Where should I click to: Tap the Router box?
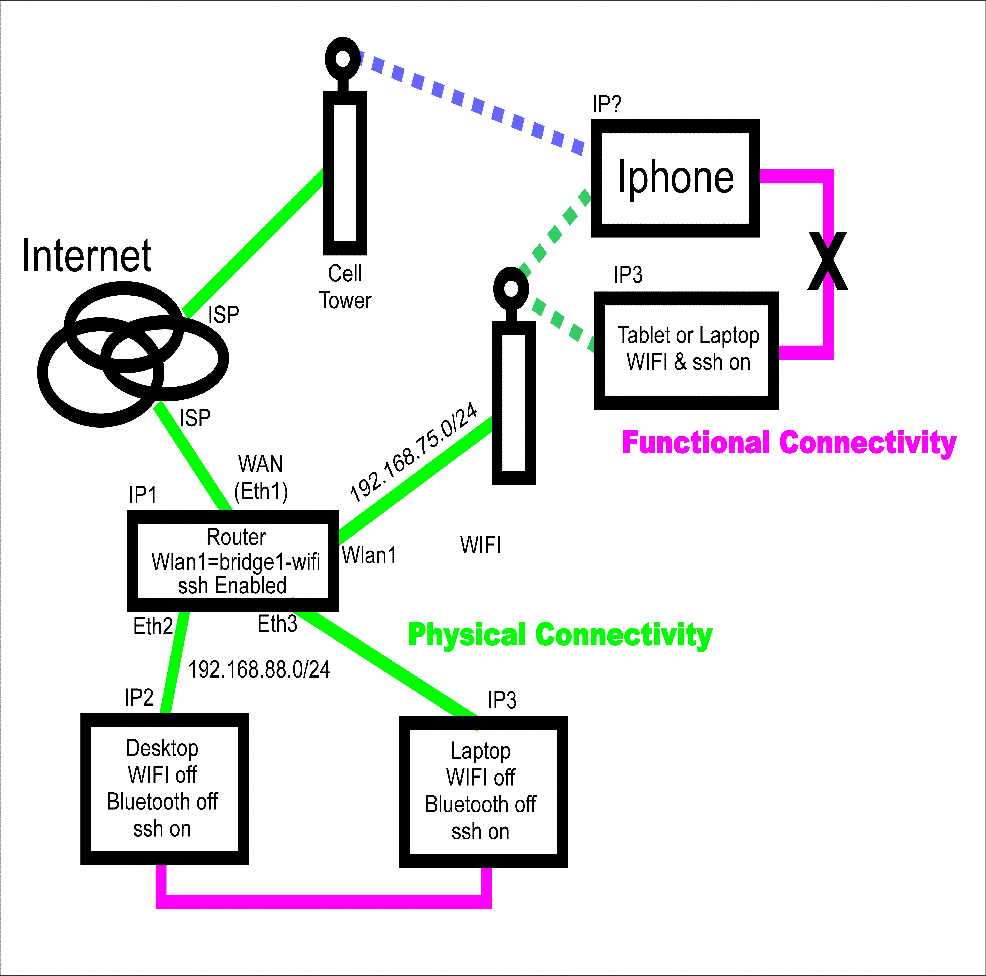[233, 560]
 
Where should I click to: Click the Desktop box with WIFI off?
[164, 789]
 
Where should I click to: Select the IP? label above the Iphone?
[606, 105]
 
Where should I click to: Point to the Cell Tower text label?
[345, 287]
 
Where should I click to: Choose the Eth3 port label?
[277, 624]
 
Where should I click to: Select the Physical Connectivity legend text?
[560, 635]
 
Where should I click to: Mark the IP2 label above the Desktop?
[139, 697]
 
